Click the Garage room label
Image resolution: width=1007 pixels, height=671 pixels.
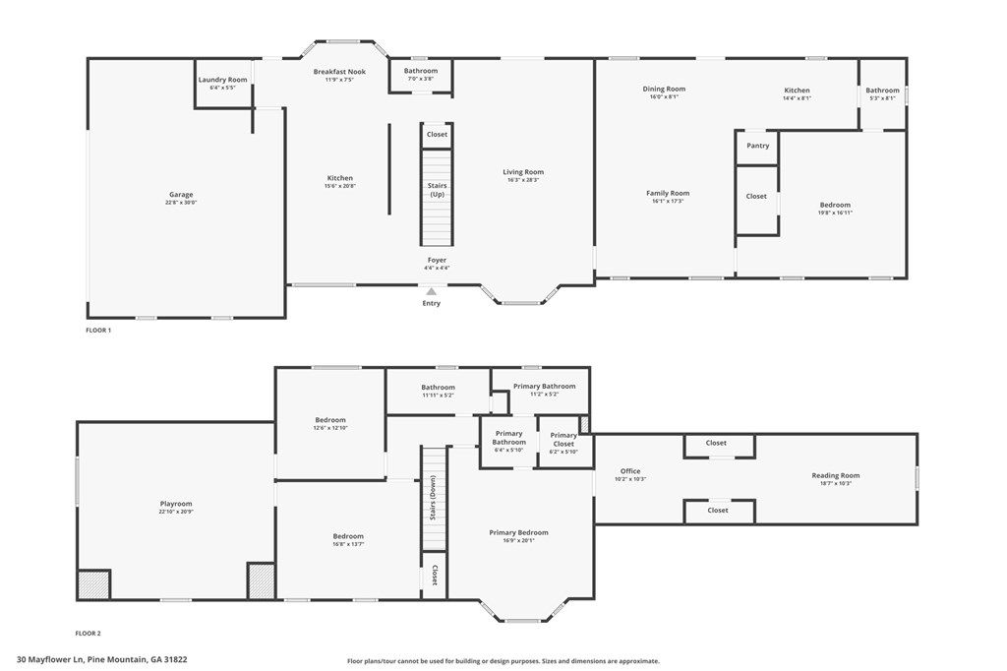tap(181, 194)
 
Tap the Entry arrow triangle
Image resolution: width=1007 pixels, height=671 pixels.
tap(432, 292)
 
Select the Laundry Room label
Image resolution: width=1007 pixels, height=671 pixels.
tap(223, 80)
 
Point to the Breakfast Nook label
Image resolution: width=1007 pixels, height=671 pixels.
tap(339, 72)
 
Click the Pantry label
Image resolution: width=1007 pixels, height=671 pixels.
tap(758, 146)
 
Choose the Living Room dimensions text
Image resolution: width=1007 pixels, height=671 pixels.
tap(523, 180)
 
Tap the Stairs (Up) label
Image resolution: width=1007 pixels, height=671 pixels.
tap(438, 190)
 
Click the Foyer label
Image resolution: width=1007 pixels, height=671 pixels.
tap(437, 260)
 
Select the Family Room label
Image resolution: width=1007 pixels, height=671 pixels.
tap(668, 193)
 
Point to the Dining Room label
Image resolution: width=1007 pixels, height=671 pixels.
tap(664, 89)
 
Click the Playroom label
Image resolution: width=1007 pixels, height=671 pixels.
tap(176, 504)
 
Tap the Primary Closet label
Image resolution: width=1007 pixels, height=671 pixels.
tap(563, 439)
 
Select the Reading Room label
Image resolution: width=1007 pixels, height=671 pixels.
tap(836, 475)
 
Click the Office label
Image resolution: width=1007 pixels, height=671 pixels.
tap(630, 471)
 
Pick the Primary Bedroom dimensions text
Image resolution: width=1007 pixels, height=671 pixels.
tap(519, 540)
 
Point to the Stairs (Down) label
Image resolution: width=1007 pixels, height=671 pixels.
tap(434, 498)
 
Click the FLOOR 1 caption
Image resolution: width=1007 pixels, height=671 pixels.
tap(99, 331)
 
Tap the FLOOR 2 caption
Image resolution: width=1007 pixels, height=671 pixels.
tap(89, 633)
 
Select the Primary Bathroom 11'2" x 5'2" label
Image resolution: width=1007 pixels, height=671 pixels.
tap(545, 390)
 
